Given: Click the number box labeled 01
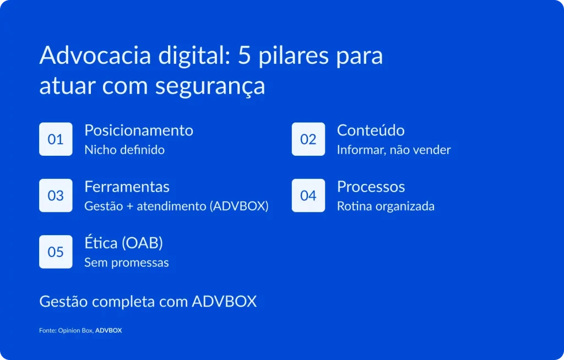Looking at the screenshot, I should (56, 139).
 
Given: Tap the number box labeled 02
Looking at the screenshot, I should (308, 139).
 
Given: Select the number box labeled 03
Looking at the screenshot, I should (56, 195).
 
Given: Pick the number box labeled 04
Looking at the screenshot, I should (308, 195).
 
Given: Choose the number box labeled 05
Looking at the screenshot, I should (56, 252).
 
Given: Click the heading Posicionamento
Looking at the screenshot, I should (139, 130).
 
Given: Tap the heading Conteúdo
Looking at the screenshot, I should (371, 130).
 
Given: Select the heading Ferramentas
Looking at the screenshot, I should (127, 187).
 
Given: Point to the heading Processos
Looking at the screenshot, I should (371, 187).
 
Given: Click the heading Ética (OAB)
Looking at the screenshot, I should (123, 243).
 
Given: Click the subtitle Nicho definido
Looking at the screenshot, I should (124, 150).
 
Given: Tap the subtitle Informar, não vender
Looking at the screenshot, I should (394, 150).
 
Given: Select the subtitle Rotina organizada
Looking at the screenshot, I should (386, 206).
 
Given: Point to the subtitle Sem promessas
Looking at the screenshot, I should (127, 263).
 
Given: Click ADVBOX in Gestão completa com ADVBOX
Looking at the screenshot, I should (224, 302).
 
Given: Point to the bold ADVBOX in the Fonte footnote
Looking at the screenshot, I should (109, 330).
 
